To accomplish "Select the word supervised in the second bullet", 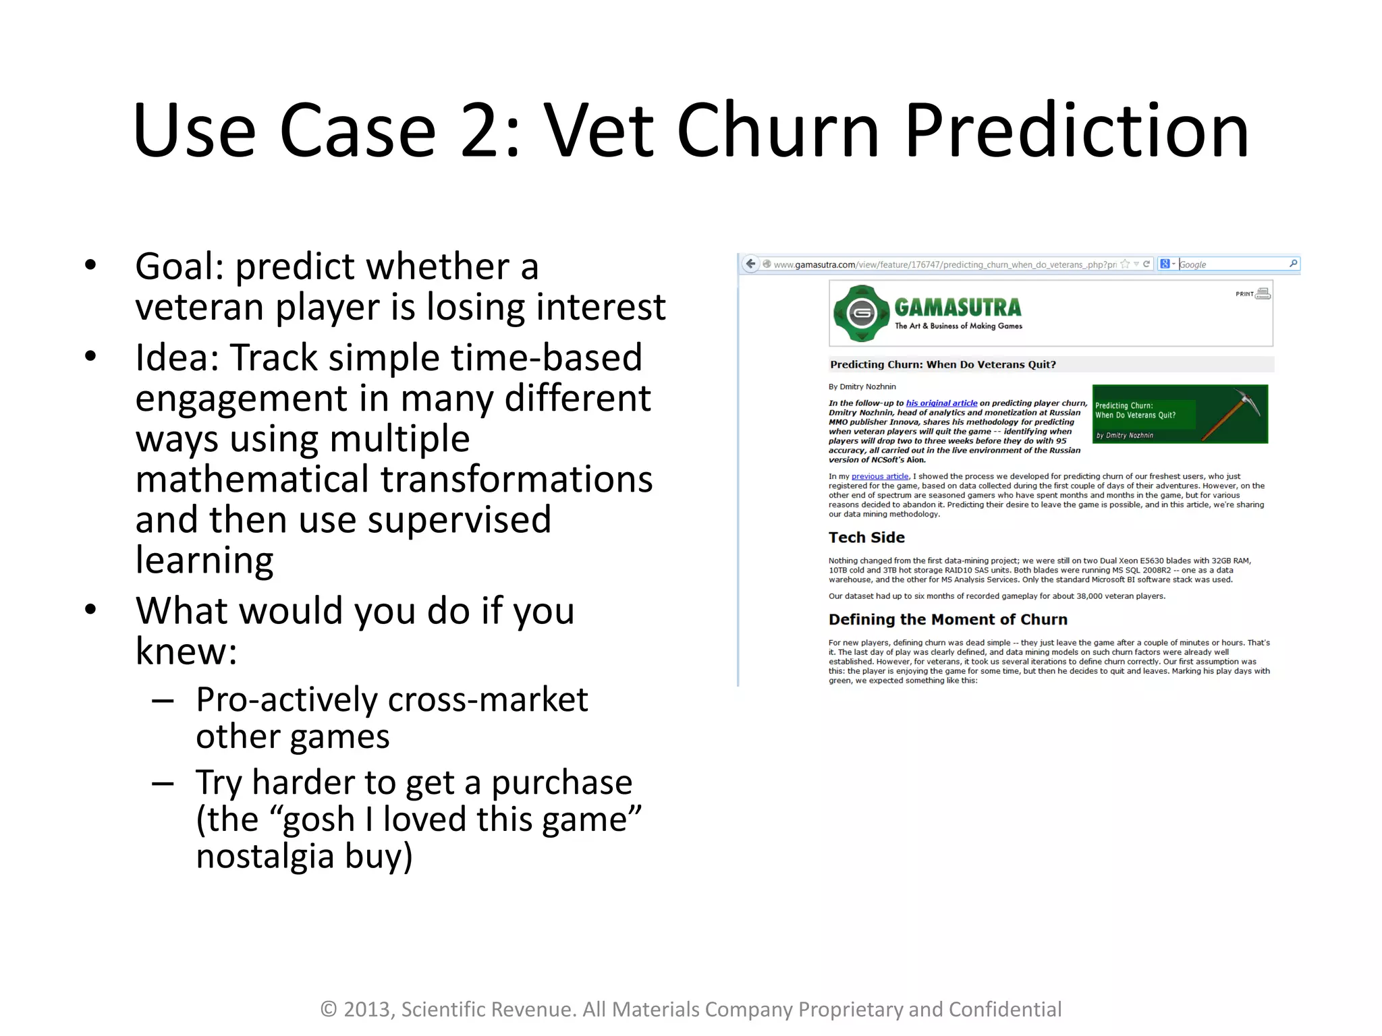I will pyautogui.click(x=459, y=520).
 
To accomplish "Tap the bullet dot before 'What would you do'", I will pyautogui.click(x=91, y=609).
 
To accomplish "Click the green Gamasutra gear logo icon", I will pyautogui.click(x=862, y=314).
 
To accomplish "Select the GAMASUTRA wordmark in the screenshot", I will pyautogui.click(x=958, y=308).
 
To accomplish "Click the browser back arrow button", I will pyautogui.click(x=750, y=264).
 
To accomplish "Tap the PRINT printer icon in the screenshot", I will pyautogui.click(x=1263, y=293).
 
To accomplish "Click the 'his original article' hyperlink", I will pyautogui.click(x=941, y=403).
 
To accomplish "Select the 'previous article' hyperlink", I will pyautogui.click(x=880, y=476).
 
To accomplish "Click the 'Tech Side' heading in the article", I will pyautogui.click(x=866, y=538).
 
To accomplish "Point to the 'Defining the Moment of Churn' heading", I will pyautogui.click(x=947, y=619).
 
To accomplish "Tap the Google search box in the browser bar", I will pyautogui.click(x=1232, y=264).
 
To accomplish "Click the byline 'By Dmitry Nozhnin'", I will pyautogui.click(x=862, y=386).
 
